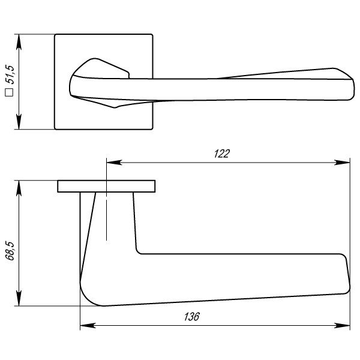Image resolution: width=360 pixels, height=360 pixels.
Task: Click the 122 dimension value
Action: [x=222, y=154]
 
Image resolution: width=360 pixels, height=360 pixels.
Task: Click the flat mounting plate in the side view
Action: [x=107, y=186]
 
